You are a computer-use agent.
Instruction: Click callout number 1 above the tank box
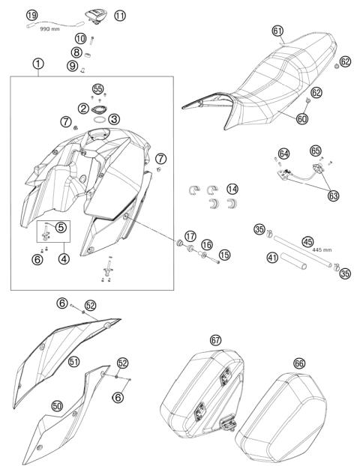(37, 64)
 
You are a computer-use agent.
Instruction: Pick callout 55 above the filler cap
(97, 88)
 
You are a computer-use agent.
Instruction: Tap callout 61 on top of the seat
(277, 31)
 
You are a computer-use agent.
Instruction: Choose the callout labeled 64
(283, 154)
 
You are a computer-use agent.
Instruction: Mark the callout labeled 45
(307, 241)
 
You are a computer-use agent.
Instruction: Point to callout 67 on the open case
(215, 339)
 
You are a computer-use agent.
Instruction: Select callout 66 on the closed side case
(298, 363)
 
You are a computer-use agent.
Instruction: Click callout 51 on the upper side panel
(74, 361)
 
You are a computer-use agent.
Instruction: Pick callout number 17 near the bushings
(190, 234)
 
